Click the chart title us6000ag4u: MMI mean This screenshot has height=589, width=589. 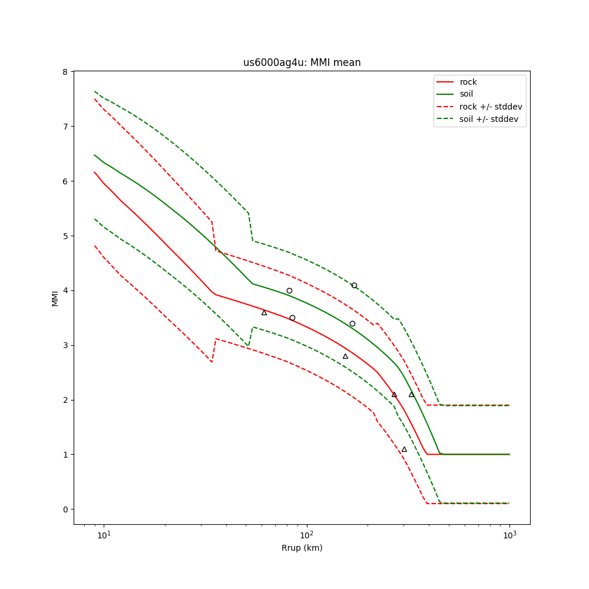[302, 62]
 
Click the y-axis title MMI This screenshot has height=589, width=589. [55, 297]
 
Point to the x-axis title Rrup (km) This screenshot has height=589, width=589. [302, 548]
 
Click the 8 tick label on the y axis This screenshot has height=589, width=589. [66, 72]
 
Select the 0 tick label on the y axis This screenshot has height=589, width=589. [66, 509]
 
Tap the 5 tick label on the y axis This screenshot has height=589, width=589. [66, 236]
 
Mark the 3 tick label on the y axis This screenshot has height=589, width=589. [66, 345]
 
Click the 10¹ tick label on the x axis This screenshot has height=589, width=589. [104, 534]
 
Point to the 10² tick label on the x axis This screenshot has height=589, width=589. [306, 534]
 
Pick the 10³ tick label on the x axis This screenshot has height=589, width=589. [509, 534]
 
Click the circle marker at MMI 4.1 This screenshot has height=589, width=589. [354, 285]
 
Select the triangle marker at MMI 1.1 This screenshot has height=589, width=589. [404, 449]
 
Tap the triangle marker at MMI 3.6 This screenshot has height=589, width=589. [264, 313]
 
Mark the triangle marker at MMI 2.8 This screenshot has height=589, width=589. [345, 356]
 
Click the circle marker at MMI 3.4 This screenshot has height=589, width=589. [352, 323]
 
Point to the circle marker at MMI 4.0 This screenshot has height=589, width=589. [289, 290]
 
